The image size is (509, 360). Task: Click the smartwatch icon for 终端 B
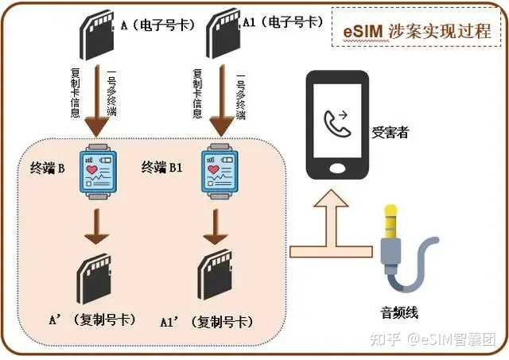coord(99,169)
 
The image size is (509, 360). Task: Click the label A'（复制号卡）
coord(92,319)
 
